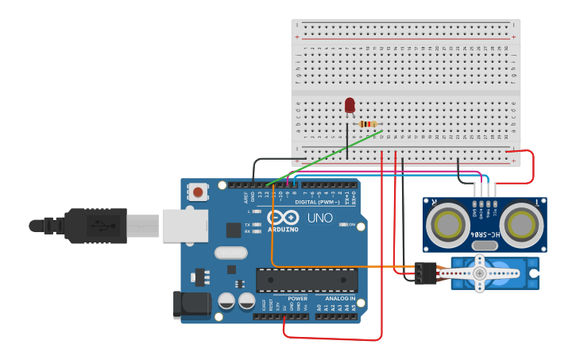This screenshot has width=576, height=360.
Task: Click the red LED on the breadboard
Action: [350, 105]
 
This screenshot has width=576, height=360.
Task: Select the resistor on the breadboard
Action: [367, 124]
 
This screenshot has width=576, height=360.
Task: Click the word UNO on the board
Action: [319, 218]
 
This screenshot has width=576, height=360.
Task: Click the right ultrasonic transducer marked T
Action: [523, 223]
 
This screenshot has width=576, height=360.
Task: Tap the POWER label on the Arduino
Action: [298, 298]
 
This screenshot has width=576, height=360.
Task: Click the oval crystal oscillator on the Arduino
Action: [230, 254]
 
